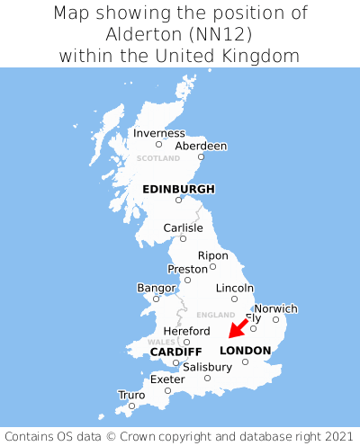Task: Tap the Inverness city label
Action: [158, 133]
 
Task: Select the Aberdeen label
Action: [201, 146]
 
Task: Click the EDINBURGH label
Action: [178, 189]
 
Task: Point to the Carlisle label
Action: [183, 228]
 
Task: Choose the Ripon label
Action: [213, 255]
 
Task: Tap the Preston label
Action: [187, 269]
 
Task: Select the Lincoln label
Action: [235, 288]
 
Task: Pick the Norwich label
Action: [275, 308]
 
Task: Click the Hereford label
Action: [186, 331]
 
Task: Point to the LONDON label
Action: [245, 351]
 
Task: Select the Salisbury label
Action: [207, 367]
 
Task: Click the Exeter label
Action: [167, 379]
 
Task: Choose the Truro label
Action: [131, 395]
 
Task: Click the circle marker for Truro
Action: [131, 406]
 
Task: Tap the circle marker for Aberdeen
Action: [201, 157]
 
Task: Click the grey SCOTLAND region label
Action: [158, 159]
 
